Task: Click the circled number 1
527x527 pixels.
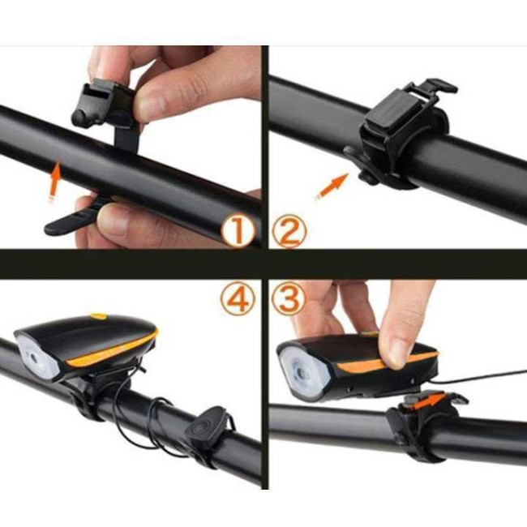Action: [x=238, y=231]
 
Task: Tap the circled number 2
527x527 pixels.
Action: [x=289, y=231]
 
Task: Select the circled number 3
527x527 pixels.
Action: [x=289, y=298]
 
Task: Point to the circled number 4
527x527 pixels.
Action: [x=238, y=298]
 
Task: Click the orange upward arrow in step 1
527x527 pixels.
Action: [x=55, y=181]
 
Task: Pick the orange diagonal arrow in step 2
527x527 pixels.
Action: [x=332, y=186]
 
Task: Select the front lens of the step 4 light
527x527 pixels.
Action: [x=37, y=358]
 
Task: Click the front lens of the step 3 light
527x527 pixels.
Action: [x=303, y=371]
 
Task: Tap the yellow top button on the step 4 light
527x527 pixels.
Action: [x=100, y=316]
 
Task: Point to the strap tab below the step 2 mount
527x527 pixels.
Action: [x=361, y=164]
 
